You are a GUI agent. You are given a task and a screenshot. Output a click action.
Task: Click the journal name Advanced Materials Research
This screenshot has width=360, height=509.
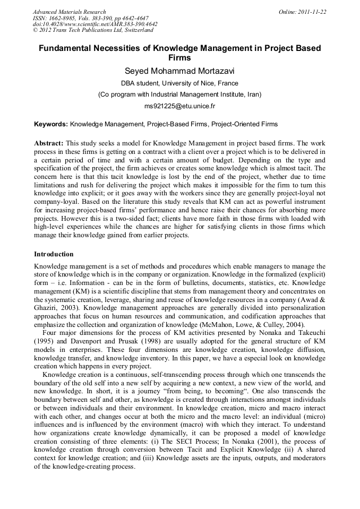click(69, 12)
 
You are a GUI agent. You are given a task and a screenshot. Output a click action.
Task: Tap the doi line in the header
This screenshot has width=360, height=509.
click(95, 24)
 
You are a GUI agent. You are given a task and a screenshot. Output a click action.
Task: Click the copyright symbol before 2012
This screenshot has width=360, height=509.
click(36, 30)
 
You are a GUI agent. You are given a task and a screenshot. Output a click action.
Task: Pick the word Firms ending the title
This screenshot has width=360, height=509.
click(179, 58)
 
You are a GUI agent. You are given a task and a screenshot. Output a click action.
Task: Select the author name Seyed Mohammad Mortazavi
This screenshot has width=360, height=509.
click(179, 71)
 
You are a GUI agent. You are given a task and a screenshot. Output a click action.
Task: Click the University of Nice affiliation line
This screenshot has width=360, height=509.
click(179, 83)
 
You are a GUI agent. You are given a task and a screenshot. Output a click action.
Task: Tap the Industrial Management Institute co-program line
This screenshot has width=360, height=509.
click(179, 94)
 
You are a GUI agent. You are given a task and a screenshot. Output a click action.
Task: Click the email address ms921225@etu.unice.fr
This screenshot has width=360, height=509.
click(179, 106)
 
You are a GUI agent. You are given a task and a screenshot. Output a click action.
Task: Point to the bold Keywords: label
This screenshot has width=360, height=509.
click(51, 124)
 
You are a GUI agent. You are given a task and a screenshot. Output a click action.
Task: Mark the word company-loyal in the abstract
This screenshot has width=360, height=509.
click(56, 203)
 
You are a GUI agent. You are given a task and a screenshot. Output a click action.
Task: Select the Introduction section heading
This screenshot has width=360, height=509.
click(54, 254)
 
